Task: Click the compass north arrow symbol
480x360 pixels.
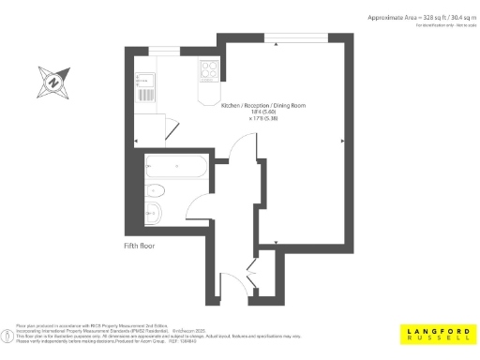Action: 52,82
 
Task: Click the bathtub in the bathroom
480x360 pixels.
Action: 177,170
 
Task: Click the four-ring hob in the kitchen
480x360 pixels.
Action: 206,71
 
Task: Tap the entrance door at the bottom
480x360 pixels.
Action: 229,281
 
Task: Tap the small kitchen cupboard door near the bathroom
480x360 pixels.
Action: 169,127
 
